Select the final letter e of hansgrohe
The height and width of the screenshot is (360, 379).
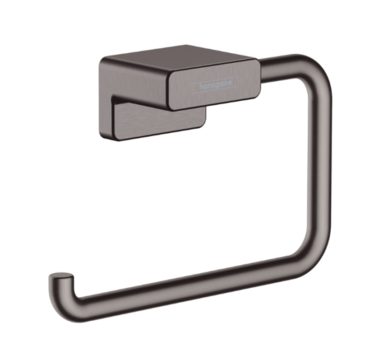pyautogui.click(x=231, y=82)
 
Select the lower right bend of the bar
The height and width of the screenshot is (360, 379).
pyautogui.click(x=312, y=266)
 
